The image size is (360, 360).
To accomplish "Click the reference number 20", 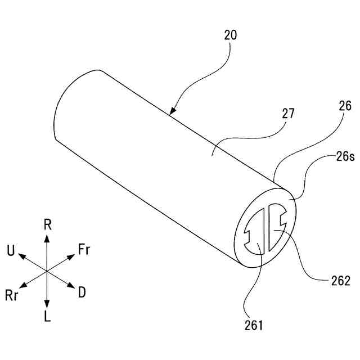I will tap(231, 35).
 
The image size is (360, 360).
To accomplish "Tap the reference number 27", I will tap(288, 113).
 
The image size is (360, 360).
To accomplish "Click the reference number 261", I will tap(254, 325).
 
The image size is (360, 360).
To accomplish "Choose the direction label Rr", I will tap(13, 295).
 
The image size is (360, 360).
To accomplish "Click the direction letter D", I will tap(82, 292).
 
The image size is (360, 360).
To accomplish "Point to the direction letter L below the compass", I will tap(47, 317).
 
